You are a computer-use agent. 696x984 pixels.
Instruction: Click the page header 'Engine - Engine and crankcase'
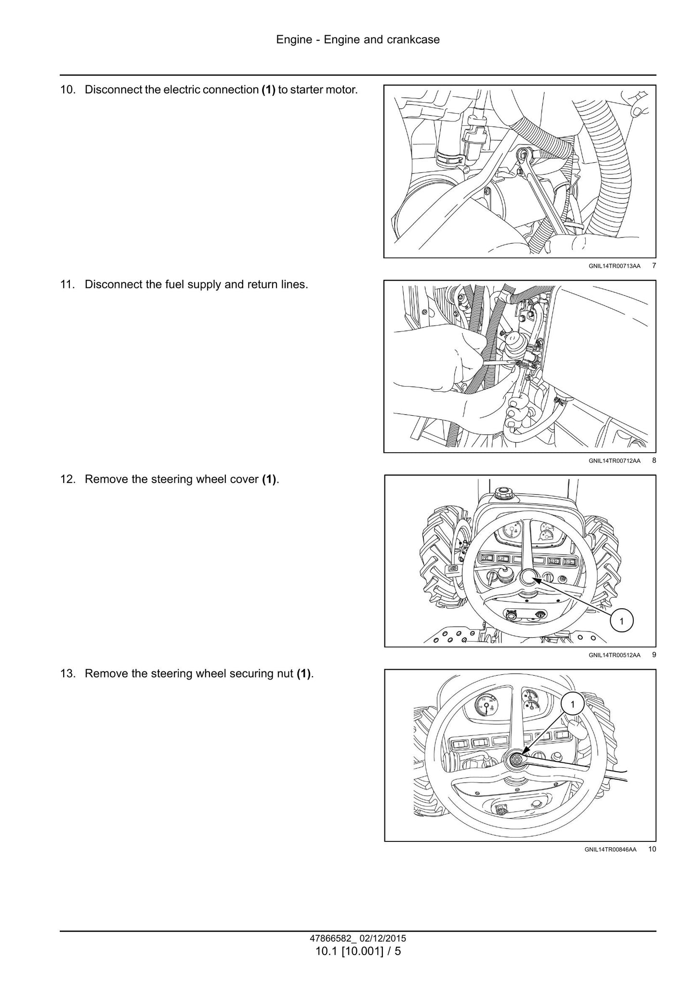(358, 39)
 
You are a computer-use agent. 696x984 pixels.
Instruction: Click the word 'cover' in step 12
(244, 479)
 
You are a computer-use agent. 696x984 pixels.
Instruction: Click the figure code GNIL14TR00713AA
(614, 266)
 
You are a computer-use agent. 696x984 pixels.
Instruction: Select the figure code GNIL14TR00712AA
(614, 460)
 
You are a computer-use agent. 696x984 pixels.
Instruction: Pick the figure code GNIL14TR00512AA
(614, 655)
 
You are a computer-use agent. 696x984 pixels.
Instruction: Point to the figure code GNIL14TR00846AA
(610, 850)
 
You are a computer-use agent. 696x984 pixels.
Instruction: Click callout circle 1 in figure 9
(621, 621)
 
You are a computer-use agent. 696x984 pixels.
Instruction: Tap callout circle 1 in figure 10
(572, 705)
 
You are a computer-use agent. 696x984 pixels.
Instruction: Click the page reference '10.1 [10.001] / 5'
(358, 951)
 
